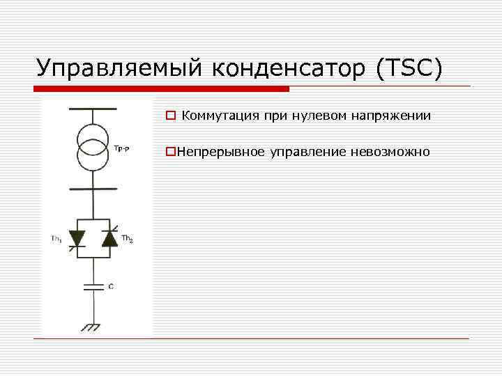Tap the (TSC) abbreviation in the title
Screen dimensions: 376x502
pyautogui.click(x=409, y=69)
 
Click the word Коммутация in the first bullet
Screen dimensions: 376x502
pyautogui.click(x=220, y=116)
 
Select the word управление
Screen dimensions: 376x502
pyautogui.click(x=305, y=152)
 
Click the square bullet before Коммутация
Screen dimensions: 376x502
pyautogui.click(x=169, y=116)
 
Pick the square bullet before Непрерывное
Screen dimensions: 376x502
pyautogui.click(x=169, y=152)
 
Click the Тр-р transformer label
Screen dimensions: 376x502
pyautogui.click(x=121, y=149)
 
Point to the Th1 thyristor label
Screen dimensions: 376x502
pyautogui.click(x=56, y=239)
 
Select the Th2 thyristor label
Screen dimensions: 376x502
pyautogui.click(x=128, y=239)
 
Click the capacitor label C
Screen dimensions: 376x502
pyautogui.click(x=110, y=286)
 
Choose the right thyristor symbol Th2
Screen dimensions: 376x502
pyautogui.click(x=109, y=238)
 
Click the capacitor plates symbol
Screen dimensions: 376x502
pyautogui.click(x=92, y=286)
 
